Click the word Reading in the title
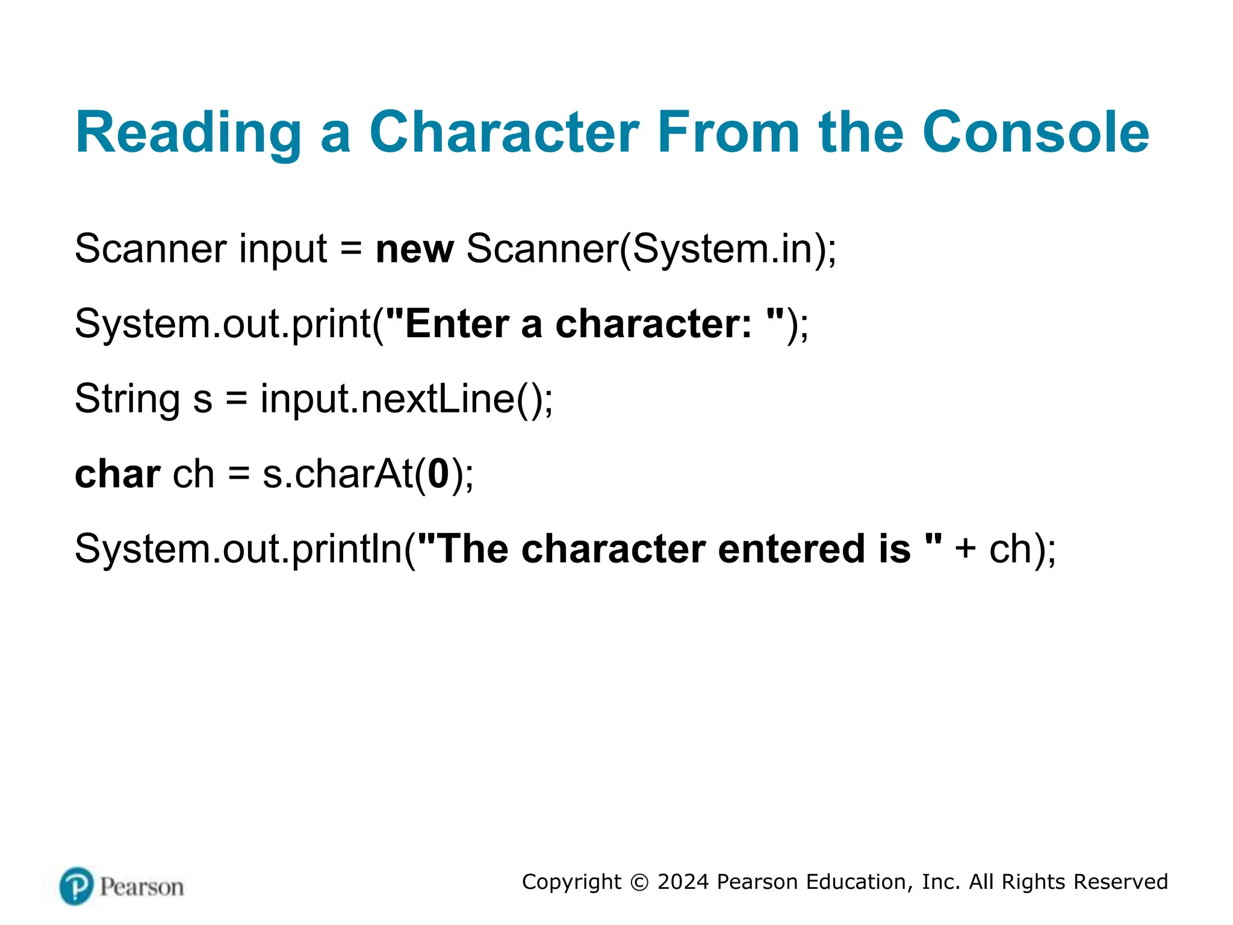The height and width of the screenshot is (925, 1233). click(x=188, y=133)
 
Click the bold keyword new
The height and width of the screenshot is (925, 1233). click(x=414, y=249)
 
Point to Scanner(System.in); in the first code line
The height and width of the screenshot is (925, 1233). click(x=651, y=249)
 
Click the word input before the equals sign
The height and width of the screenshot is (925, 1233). click(x=283, y=249)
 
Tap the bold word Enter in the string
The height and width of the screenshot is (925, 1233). click(x=458, y=324)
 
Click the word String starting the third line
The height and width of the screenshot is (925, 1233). click(x=127, y=399)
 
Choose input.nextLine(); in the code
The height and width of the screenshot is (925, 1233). click(x=406, y=399)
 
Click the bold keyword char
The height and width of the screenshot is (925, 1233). click(x=117, y=475)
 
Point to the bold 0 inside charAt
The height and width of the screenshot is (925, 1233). click(x=438, y=475)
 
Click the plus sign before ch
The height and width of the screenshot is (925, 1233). click(x=965, y=549)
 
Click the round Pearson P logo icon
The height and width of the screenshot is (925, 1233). click(x=77, y=886)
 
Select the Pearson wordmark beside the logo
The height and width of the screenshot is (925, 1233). click(x=142, y=887)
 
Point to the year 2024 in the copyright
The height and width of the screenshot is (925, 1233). click(x=683, y=882)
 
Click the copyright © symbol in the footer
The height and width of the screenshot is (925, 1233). click(x=639, y=882)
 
